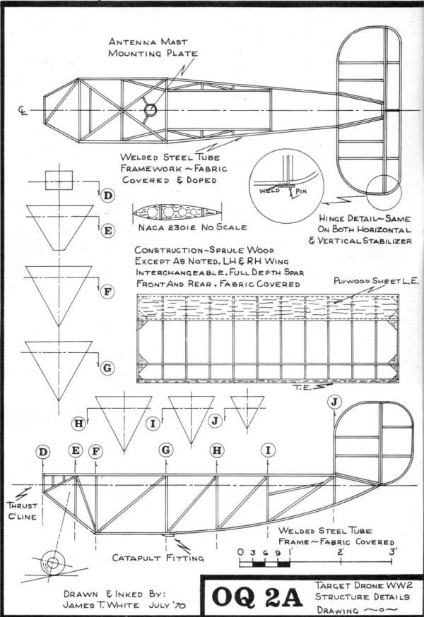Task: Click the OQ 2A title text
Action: (257, 597)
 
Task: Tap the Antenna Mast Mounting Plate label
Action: (153, 47)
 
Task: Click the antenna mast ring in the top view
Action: (150, 110)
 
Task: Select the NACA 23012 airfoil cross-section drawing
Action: (177, 212)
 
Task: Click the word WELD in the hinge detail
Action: (269, 191)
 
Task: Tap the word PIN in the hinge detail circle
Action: (300, 191)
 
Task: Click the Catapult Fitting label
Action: (158, 558)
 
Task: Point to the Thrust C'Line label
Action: (23, 511)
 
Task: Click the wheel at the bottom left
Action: (53, 563)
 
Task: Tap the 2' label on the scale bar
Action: (341, 551)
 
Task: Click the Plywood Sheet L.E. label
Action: (376, 281)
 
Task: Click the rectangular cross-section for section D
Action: (59, 180)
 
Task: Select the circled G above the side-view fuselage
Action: (166, 450)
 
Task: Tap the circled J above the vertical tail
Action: (334, 402)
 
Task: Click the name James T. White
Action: (101, 605)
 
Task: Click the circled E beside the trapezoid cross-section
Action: (107, 231)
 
